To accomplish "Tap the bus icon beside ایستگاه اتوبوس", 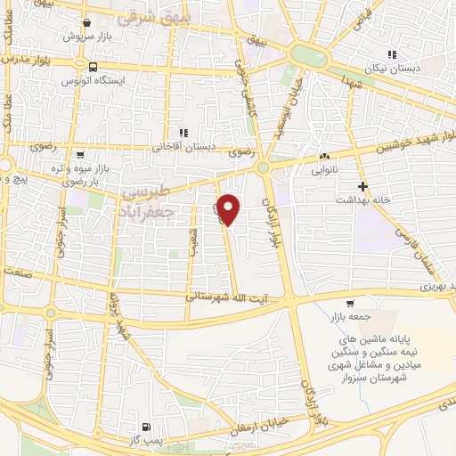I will (93, 67).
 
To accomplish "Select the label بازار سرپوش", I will (85, 37).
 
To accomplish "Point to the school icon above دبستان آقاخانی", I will (183, 133).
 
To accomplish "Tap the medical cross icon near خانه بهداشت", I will (362, 186).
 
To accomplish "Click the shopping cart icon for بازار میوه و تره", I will (80, 154).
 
